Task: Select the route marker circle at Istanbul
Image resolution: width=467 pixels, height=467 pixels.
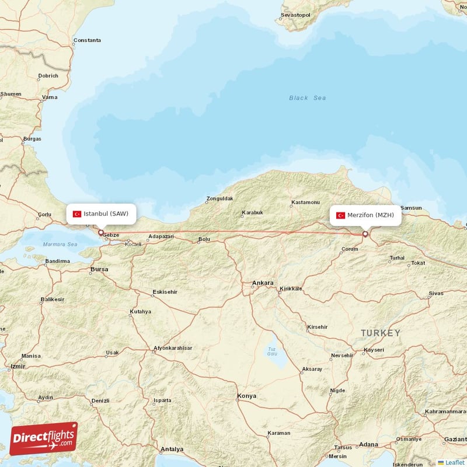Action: click(100, 232)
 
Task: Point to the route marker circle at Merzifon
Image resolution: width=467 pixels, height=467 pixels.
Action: click(365, 234)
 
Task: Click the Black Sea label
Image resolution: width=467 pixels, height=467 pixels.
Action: click(307, 98)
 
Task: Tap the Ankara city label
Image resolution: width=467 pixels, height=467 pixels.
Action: click(262, 283)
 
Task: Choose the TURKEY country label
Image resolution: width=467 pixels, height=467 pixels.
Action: click(381, 333)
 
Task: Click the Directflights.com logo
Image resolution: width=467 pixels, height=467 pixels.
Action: click(44, 438)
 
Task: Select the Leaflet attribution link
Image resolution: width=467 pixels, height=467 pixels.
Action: click(454, 462)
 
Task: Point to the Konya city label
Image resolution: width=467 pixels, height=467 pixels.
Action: click(246, 396)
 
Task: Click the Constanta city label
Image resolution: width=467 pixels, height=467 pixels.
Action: click(87, 40)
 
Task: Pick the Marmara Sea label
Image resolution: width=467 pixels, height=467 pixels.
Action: click(60, 244)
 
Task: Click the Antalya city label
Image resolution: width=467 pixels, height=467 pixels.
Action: click(172, 449)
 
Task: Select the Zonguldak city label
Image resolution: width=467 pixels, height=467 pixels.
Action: click(219, 198)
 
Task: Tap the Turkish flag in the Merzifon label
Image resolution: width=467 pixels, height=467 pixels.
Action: click(340, 215)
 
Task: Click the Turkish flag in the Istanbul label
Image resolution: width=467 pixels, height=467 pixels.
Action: click(76, 214)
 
